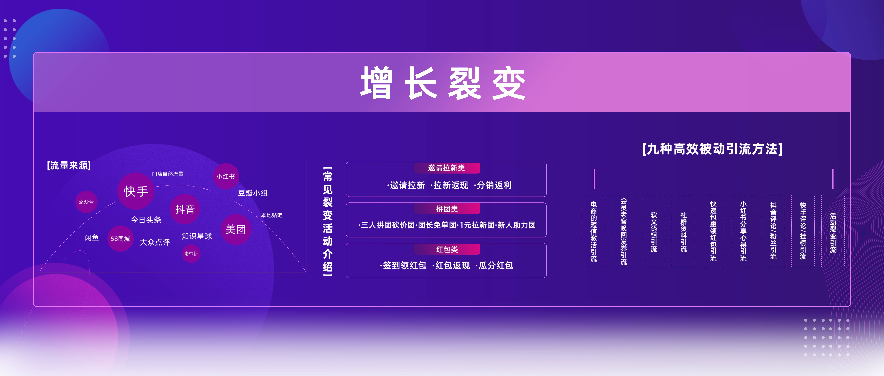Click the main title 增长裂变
coord(443,83)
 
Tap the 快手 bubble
coord(136,191)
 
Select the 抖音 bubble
coord(185,209)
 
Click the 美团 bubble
coord(236,229)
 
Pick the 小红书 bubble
coord(226,176)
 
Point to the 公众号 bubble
coord(86,202)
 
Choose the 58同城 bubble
coord(120,239)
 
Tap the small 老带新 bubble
coord(191,254)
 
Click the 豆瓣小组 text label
coord(253,193)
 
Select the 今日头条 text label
coord(146,220)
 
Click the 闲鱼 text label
coord(92,237)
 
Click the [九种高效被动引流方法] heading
coord(712,149)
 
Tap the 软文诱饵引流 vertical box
coord(654,231)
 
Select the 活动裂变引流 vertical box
coord(833,231)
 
